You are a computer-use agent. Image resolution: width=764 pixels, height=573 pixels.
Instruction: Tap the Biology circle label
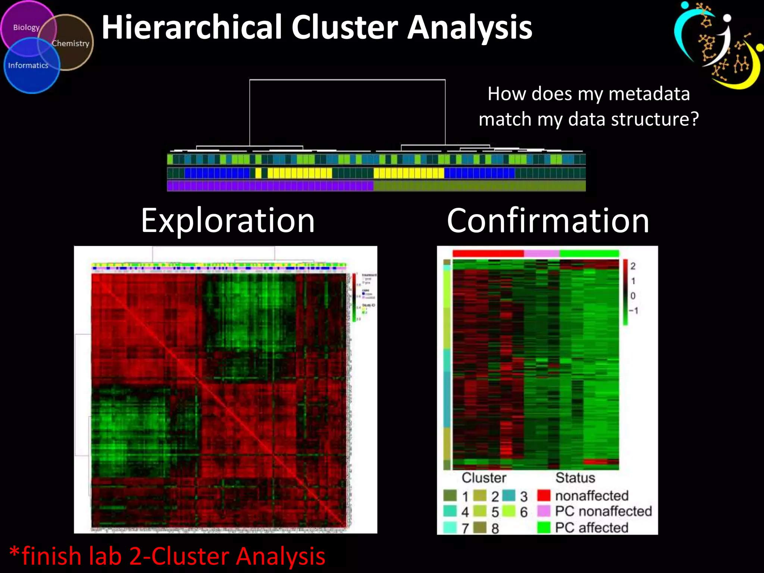click(x=26, y=28)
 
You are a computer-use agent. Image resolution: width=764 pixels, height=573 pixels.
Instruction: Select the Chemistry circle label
click(x=71, y=43)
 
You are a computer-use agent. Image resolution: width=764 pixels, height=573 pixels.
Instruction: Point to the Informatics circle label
click(x=28, y=65)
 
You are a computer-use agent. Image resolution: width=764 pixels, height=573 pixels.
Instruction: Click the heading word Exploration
click(x=228, y=221)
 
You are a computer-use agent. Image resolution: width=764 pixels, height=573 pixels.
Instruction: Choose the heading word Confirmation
click(x=548, y=221)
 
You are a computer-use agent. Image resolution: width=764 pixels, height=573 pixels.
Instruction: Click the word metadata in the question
click(x=649, y=94)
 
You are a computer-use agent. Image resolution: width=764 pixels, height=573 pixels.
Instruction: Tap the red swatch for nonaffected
click(x=544, y=495)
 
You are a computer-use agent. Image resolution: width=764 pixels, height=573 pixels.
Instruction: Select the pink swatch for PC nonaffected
click(x=544, y=511)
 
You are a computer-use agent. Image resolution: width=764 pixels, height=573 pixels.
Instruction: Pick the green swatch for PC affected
click(x=544, y=527)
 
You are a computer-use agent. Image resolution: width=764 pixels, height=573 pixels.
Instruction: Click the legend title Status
click(x=575, y=478)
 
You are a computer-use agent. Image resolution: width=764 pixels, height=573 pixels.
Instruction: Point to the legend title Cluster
click(x=484, y=478)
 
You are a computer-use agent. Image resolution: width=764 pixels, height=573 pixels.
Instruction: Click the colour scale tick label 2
click(x=633, y=266)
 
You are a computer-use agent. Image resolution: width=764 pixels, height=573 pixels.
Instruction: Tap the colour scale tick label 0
click(x=633, y=296)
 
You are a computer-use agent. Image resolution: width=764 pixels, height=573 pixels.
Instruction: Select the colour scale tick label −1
click(x=633, y=310)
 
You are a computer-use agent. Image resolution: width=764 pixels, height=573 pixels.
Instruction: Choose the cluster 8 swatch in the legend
click(x=480, y=527)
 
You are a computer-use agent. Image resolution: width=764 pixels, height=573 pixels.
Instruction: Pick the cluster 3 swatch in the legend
click(x=509, y=495)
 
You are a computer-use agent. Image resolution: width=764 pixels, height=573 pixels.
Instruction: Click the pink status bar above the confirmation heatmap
click(x=542, y=254)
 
